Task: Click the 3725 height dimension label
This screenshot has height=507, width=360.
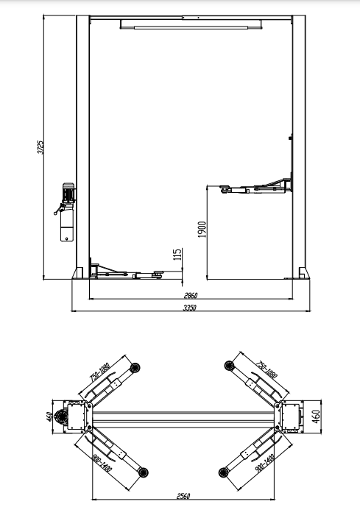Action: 40,147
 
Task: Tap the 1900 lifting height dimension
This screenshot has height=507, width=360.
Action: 202,230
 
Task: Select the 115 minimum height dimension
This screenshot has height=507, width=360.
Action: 177,255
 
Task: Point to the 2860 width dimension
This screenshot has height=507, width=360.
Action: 191,295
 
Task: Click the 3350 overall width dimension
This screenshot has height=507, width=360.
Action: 190,308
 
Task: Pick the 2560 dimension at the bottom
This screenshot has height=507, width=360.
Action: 183,496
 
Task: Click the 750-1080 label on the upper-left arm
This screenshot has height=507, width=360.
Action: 100,372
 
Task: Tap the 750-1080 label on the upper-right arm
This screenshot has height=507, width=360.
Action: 267,369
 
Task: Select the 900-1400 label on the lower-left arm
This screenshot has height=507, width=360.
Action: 102,463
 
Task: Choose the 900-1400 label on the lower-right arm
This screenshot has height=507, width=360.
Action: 265,464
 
